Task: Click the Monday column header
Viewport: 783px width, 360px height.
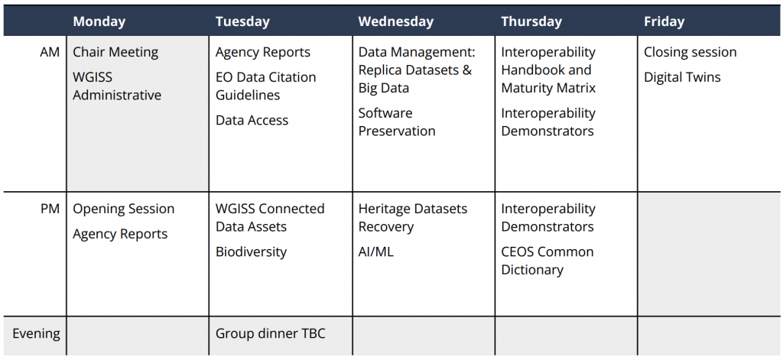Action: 99,22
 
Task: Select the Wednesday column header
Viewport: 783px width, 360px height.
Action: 395,22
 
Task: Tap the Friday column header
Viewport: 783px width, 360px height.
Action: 664,22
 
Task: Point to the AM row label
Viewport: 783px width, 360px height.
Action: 50,52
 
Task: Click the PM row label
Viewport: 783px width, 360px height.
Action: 50,209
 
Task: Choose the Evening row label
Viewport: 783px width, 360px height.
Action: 37,333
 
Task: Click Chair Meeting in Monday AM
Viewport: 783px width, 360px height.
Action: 115,52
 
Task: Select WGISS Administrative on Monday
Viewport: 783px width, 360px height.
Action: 117,86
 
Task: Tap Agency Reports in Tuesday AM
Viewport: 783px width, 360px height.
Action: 263,53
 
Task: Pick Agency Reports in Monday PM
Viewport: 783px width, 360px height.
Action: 120,234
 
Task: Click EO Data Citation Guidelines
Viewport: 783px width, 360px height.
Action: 265,86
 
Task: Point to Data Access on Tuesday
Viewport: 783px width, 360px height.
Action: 252,120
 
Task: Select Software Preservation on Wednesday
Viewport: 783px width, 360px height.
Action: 397,122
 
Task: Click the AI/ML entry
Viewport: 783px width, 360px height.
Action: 375,252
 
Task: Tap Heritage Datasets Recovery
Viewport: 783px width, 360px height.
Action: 413,218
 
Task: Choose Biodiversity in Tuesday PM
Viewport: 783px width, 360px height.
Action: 251,252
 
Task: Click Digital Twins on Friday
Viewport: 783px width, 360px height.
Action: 682,77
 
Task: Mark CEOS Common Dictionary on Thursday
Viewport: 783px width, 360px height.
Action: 547,261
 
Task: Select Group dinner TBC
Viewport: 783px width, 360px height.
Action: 270,333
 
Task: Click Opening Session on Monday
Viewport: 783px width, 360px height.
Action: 123,209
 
